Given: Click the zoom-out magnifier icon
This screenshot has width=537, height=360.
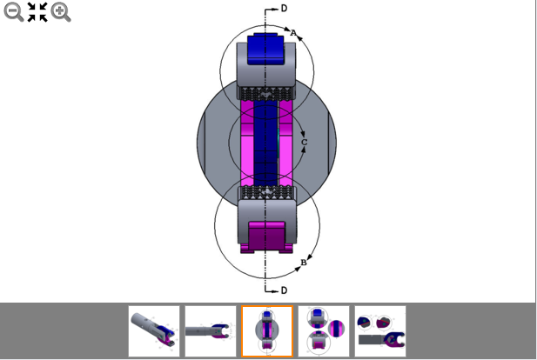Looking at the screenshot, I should click(13, 11).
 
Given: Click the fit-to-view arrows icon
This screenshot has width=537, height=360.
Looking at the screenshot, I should click(37, 11).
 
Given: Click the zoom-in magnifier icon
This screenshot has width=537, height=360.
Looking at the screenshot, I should click(61, 11).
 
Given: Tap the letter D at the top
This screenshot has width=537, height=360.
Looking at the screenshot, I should click(284, 8).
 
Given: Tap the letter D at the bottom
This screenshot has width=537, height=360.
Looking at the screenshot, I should click(284, 290).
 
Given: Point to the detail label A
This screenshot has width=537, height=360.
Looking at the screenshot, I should click(293, 33).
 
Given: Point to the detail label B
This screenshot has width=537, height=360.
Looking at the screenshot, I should click(303, 262).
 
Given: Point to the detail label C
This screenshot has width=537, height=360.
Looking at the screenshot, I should click(304, 141).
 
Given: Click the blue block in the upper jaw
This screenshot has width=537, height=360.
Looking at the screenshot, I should click(267, 50).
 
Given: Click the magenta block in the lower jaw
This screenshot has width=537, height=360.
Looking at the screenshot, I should click(267, 237).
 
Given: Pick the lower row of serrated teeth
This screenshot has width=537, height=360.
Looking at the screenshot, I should click(267, 192).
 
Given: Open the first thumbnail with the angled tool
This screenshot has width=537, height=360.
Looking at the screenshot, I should click(154, 331).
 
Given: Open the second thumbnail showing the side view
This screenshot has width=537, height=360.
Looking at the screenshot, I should click(210, 331).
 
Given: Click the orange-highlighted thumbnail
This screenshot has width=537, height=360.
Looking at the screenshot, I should click(266, 331).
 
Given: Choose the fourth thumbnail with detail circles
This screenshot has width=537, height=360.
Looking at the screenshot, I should click(323, 331).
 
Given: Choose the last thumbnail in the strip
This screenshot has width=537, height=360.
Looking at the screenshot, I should click(379, 331).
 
